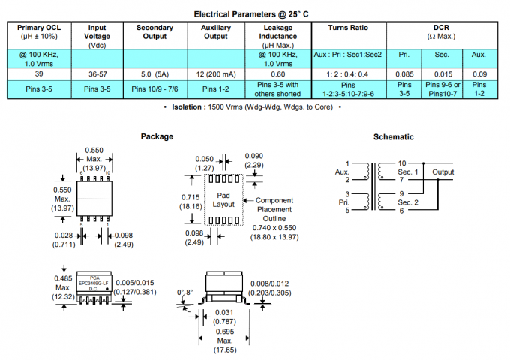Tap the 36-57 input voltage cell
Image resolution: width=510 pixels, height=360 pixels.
point(97,74)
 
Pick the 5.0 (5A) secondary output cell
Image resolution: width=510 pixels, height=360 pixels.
point(155,74)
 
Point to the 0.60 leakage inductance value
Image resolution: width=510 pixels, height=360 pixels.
point(277,74)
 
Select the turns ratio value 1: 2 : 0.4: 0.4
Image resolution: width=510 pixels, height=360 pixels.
point(348,74)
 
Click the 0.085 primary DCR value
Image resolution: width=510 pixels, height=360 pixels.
point(403,74)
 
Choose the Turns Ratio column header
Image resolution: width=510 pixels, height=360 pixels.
point(348,28)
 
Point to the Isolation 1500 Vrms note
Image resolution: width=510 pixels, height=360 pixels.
point(254,108)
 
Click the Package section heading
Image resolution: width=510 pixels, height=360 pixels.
point(157,136)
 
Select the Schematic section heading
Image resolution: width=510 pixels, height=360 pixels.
point(394,136)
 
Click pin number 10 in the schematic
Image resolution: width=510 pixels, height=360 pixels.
point(402,163)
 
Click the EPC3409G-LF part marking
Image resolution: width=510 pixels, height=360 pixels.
point(93,282)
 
